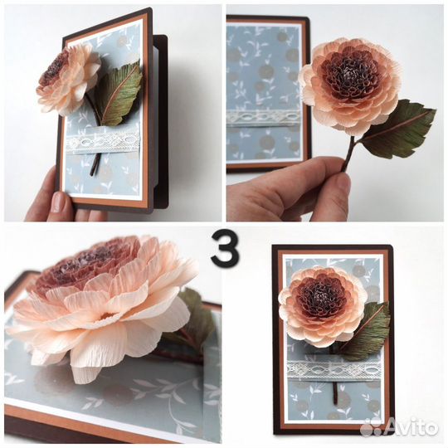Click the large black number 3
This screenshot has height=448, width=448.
[225, 248]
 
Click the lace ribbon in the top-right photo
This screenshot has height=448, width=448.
[263, 118]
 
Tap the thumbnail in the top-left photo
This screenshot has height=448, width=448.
[60, 201]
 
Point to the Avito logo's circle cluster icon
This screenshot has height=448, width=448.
[373, 427]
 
